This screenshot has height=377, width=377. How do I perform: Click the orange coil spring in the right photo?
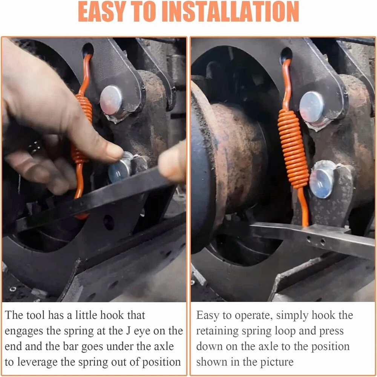click(x=293, y=149)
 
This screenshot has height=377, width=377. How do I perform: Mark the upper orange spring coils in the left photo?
click(x=84, y=107)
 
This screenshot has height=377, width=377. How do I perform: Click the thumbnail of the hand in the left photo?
click(x=115, y=151)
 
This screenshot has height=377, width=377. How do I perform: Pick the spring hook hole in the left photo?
click(x=88, y=50)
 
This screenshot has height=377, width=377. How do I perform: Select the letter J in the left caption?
click(x=129, y=331)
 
